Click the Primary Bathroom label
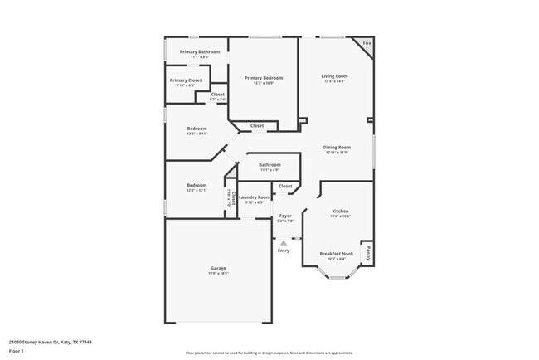click(x=200, y=52)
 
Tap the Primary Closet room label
click(x=186, y=80)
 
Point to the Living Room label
click(x=334, y=76)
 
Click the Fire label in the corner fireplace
click(x=367, y=43)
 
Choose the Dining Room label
click(x=337, y=148)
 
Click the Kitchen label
click(x=341, y=212)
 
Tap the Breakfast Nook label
click(x=337, y=253)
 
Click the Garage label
click(x=218, y=268)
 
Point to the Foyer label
click(x=284, y=216)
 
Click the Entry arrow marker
click(x=284, y=242)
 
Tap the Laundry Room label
click(x=255, y=197)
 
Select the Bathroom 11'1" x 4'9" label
click(x=269, y=164)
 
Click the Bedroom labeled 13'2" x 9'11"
click(x=197, y=129)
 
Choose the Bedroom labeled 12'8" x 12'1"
click(x=197, y=185)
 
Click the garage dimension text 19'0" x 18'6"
click(x=218, y=273)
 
